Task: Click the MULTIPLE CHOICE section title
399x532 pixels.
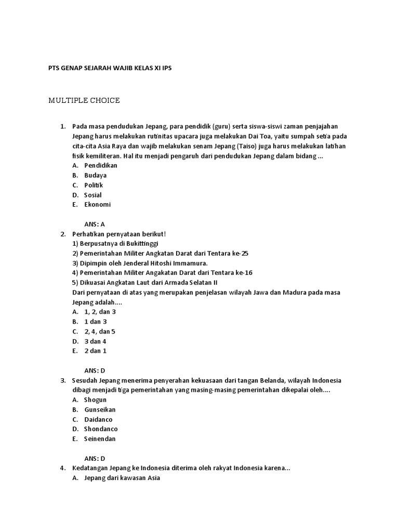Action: pyautogui.click(x=84, y=100)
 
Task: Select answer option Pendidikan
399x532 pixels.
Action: pyautogui.click(x=101, y=165)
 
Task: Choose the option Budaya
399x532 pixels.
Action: pyautogui.click(x=95, y=175)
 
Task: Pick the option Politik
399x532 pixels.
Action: pyautogui.click(x=94, y=185)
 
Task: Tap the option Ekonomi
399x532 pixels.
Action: pyautogui.click(x=97, y=205)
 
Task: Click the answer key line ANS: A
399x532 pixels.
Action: pyautogui.click(x=95, y=224)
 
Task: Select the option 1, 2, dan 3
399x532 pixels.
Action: pyautogui.click(x=100, y=312)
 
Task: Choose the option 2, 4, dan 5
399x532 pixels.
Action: pyautogui.click(x=100, y=331)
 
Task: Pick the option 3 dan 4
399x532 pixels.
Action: pyautogui.click(x=95, y=341)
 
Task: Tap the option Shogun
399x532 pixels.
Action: pyautogui.click(x=95, y=400)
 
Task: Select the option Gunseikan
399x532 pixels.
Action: pyautogui.click(x=100, y=409)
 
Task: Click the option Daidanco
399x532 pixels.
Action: pyautogui.click(x=98, y=419)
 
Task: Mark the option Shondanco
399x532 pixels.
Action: pyautogui.click(x=101, y=429)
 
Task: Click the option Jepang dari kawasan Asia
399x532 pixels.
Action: pyautogui.click(x=123, y=478)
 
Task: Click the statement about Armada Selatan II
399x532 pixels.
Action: pyautogui.click(x=144, y=283)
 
